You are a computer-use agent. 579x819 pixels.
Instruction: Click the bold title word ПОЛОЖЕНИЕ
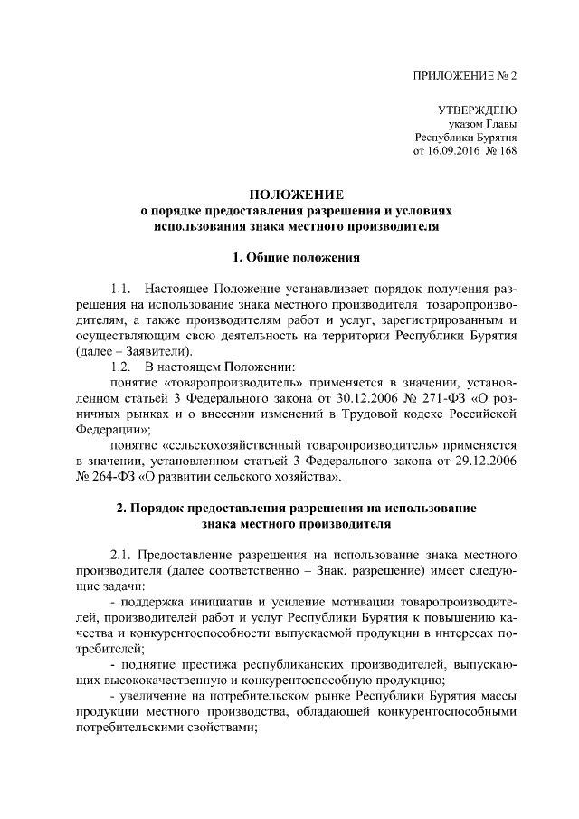[x=297, y=194]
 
